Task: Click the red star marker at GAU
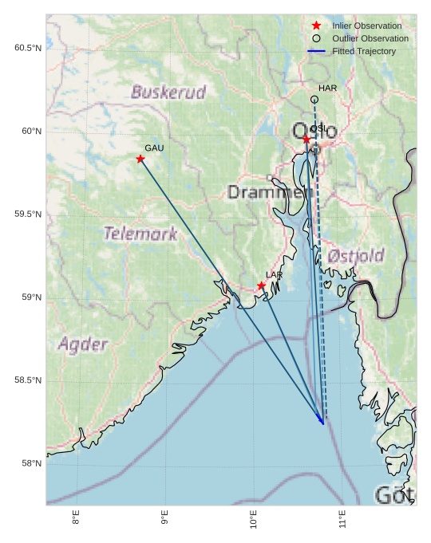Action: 140,159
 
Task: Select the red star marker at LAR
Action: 261,285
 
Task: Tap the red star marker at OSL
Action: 306,140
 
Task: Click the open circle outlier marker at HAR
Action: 314,100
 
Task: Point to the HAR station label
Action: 327,89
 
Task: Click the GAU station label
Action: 154,148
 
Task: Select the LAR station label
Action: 274,275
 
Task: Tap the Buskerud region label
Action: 168,92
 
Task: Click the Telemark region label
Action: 140,234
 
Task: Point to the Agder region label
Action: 82,344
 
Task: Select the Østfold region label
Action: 355,256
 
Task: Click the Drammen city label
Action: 266,192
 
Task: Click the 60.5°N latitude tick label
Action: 27,48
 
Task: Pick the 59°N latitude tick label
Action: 30,297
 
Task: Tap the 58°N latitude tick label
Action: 30,463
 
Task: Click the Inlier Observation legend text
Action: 366,26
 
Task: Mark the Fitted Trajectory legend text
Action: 363,51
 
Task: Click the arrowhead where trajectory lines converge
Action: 322,422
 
